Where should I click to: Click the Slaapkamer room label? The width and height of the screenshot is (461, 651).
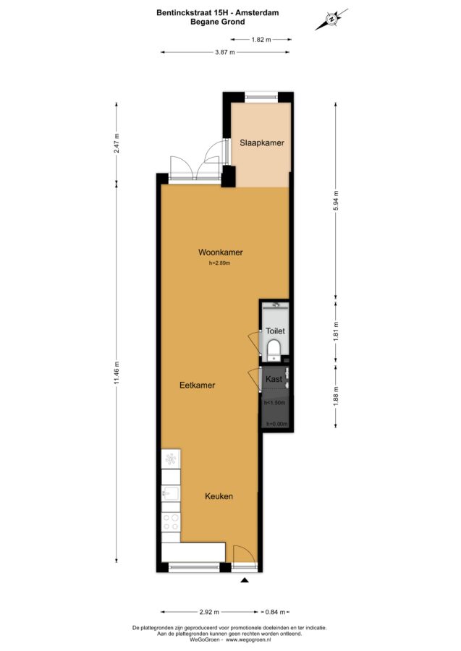click(x=262, y=142)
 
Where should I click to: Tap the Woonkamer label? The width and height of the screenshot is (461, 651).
click(x=221, y=252)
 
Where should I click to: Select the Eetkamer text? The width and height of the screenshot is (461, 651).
click(x=198, y=386)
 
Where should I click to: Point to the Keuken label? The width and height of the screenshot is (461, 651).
click(x=219, y=496)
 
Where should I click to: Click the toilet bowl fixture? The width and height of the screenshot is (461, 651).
click(x=274, y=347)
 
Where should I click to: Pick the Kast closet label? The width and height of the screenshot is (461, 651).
click(x=274, y=378)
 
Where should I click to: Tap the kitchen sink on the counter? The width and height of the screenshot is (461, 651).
click(x=171, y=493)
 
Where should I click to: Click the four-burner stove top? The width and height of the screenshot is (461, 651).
click(x=171, y=522)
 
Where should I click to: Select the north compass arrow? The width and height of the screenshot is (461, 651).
click(x=331, y=19)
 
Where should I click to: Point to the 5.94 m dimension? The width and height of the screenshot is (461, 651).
click(x=336, y=200)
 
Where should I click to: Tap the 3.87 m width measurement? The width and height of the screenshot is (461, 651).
click(x=224, y=52)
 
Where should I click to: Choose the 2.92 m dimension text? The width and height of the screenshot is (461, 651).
click(x=209, y=612)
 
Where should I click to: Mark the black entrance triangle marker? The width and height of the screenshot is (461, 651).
click(x=245, y=580)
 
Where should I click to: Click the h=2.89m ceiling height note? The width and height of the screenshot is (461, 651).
click(x=220, y=263)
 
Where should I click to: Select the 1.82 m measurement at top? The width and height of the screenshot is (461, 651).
click(x=261, y=40)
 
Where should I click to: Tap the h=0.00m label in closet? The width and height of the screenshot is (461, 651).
click(x=276, y=424)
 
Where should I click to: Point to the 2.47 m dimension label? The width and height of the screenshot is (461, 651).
click(x=117, y=142)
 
